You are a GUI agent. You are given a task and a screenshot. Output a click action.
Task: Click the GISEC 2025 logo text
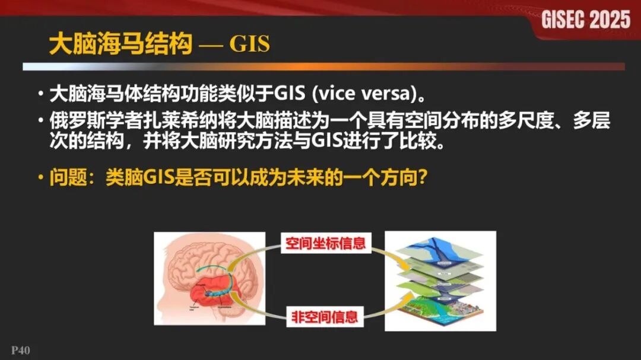pos(585,20)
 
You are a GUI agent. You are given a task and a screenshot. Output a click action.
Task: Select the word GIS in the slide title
pos(250,44)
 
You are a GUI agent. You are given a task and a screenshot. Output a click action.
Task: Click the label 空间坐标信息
pos(325,243)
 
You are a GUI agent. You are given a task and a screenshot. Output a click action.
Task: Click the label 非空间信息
pos(325,317)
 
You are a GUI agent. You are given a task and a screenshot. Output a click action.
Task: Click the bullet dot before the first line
pos(40,94)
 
